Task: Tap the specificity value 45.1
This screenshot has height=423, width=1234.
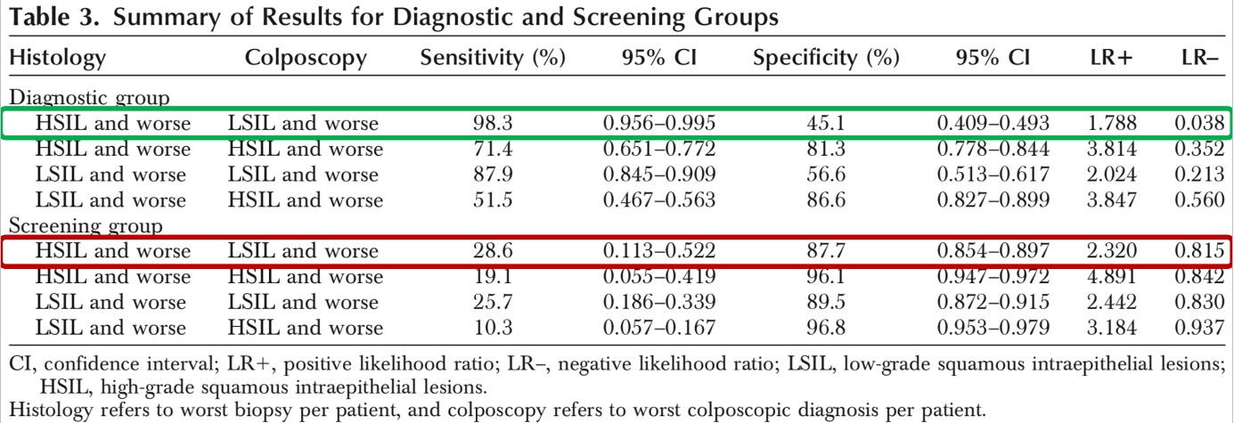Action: [x=826, y=123]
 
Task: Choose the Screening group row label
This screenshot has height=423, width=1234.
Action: [x=86, y=226]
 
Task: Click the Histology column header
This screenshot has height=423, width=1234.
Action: [x=57, y=60]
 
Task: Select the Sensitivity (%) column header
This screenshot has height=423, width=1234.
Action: [x=494, y=60]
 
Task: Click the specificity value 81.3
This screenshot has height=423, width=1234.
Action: [x=826, y=149]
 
